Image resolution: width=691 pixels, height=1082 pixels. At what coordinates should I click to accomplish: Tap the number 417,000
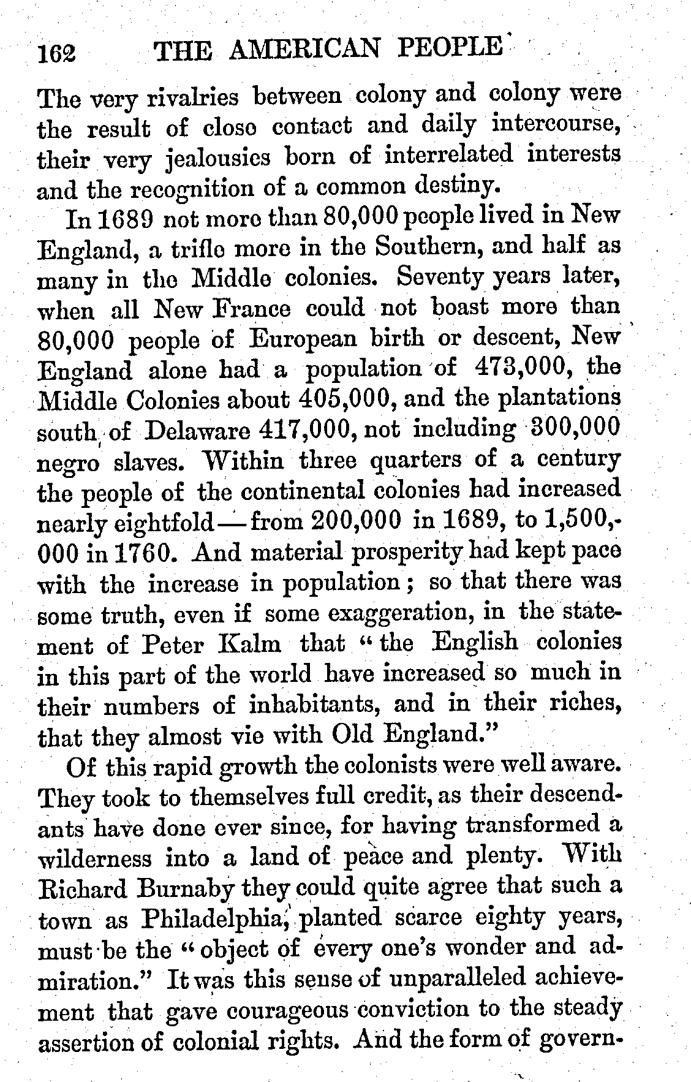pos(304,429)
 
